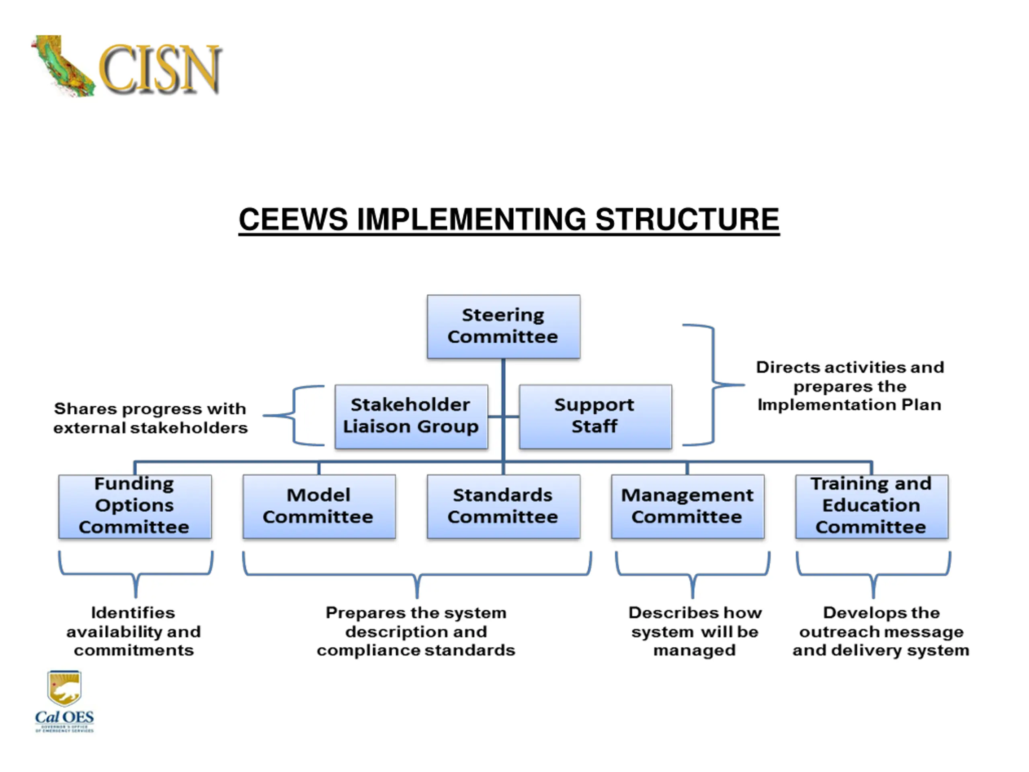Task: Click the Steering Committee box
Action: (503, 326)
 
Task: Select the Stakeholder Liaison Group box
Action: (411, 416)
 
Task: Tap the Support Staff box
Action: (595, 416)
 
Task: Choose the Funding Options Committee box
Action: (135, 506)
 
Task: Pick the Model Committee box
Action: (319, 506)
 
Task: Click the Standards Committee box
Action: (503, 506)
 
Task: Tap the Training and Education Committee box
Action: (871, 506)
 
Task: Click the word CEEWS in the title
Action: (293, 220)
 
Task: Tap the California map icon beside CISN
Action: (63, 65)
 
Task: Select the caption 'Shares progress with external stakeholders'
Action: (150, 418)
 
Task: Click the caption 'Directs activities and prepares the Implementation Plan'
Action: (849, 386)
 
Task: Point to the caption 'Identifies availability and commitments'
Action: (133, 631)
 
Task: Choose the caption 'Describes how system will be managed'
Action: (695, 631)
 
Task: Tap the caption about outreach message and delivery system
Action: (881, 631)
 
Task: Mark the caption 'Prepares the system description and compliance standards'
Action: (416, 631)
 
